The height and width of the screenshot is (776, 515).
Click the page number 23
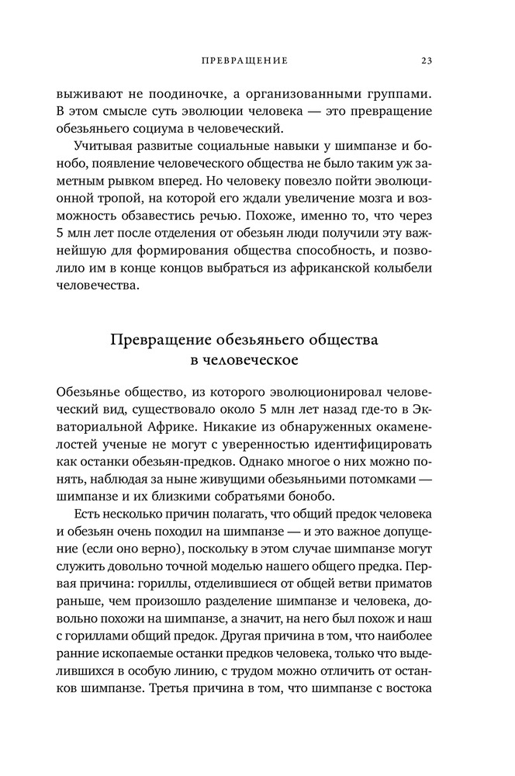coord(427,60)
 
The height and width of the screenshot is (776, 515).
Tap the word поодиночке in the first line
coord(163,94)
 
